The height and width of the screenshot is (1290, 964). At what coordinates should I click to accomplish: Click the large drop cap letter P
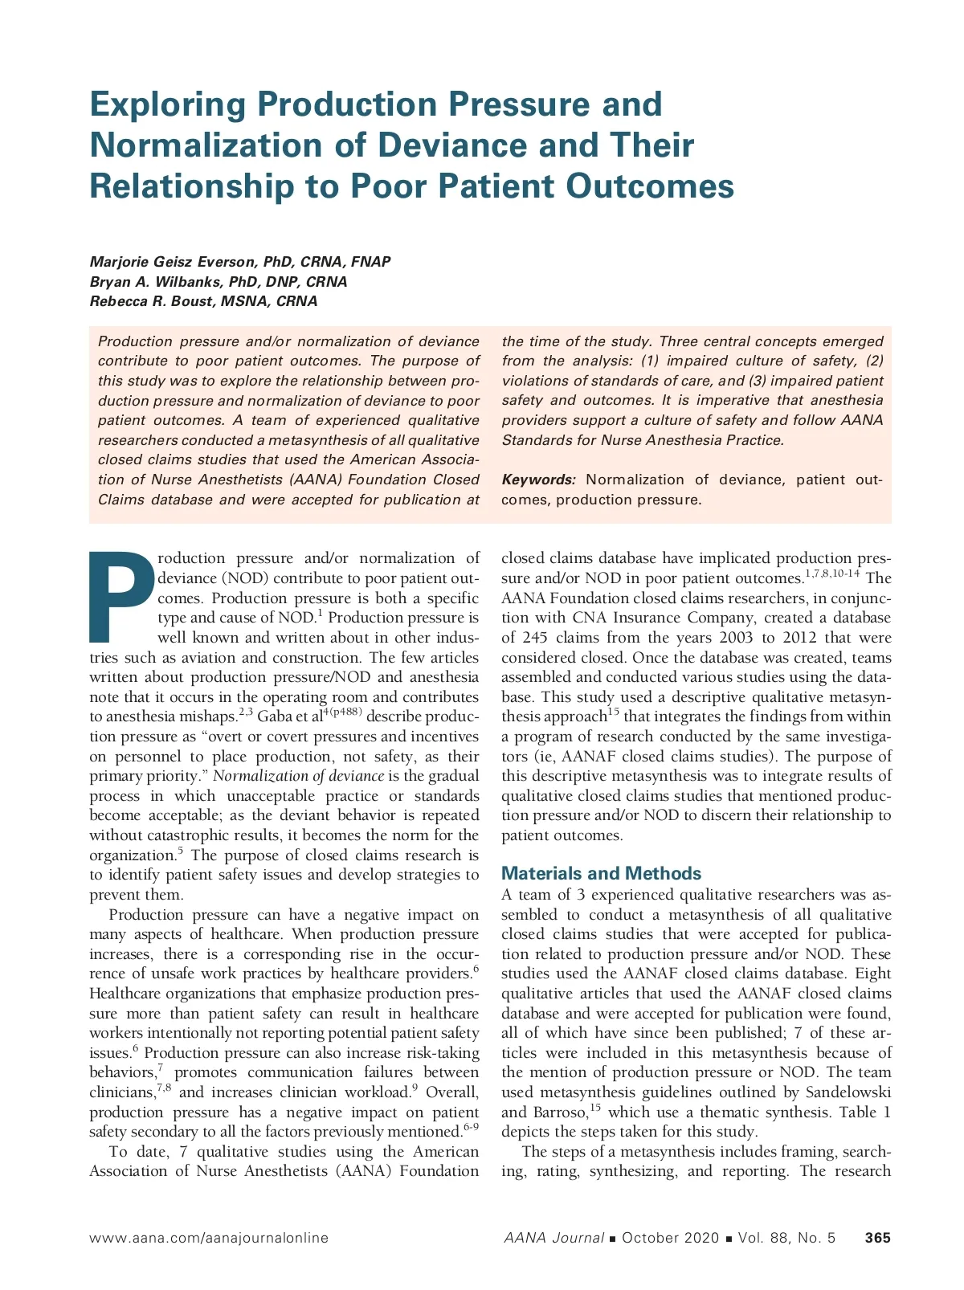[121, 596]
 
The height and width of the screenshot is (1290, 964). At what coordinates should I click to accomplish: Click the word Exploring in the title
[169, 104]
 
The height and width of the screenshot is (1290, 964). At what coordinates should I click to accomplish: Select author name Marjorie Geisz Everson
[172, 262]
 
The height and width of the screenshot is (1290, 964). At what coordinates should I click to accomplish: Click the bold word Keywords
[538, 480]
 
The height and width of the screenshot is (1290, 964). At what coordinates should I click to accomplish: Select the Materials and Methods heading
[601, 873]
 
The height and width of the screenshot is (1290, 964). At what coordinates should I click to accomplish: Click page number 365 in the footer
[877, 1238]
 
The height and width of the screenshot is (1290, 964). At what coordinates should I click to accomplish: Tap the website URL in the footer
[209, 1238]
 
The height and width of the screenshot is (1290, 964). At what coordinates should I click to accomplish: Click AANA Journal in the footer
[553, 1238]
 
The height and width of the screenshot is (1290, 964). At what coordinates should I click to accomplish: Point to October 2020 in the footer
[670, 1238]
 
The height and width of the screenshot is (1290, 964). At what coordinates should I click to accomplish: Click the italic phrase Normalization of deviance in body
[298, 776]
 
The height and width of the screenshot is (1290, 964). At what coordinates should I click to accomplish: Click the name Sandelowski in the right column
[848, 1092]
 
